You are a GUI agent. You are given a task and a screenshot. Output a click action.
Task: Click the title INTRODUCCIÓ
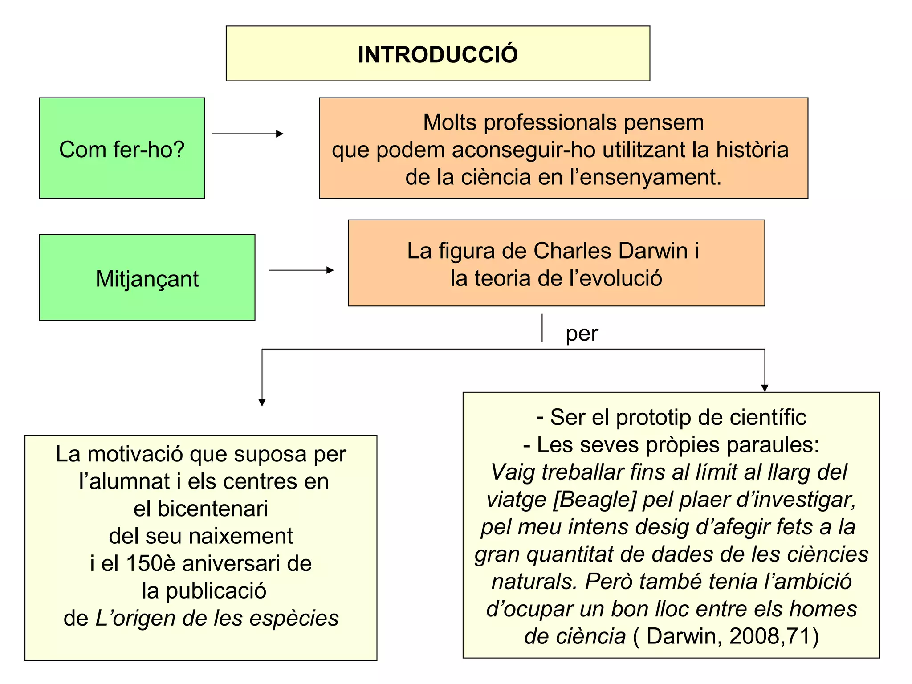tap(438, 54)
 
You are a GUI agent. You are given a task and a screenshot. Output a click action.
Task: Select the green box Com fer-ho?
tap(122, 148)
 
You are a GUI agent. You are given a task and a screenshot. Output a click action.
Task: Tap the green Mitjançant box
tap(147, 278)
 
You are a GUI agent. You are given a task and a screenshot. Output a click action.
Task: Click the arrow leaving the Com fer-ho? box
tap(248, 134)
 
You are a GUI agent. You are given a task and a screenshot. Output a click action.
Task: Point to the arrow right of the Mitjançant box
tap(301, 270)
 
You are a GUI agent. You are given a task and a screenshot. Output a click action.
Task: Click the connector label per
tap(582, 334)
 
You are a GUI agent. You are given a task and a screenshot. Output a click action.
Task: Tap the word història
tap(752, 150)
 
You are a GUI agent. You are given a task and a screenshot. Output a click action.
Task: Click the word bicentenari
tap(201, 509)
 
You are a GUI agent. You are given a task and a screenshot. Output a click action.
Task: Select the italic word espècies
tap(293, 618)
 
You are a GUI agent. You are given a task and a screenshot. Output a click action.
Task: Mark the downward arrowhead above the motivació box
tap(262, 402)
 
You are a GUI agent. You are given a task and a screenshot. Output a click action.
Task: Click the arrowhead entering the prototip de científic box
tap(765, 388)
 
